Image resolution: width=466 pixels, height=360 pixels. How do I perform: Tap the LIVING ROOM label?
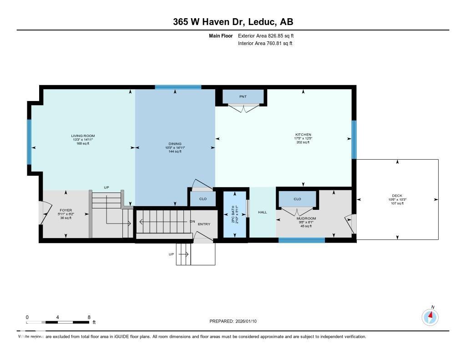pyautogui.click(x=82, y=136)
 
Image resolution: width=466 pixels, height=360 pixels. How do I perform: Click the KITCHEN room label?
pyautogui.click(x=303, y=135)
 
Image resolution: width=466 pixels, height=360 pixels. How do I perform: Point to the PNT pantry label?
pyautogui.click(x=243, y=96)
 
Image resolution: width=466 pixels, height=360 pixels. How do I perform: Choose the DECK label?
pyautogui.click(x=397, y=196)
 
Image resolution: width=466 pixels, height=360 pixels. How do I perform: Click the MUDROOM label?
pyautogui.click(x=306, y=218)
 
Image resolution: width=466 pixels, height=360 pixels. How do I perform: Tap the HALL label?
pyautogui.click(x=263, y=212)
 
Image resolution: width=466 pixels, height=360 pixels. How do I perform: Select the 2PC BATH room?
pyautogui.click(x=234, y=213)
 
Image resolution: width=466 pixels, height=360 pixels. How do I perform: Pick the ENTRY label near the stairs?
pyautogui.click(x=204, y=224)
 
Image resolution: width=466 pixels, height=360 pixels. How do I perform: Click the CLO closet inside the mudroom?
pyautogui.click(x=297, y=199)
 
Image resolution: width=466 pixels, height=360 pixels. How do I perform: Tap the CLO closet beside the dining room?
pyautogui.click(x=203, y=199)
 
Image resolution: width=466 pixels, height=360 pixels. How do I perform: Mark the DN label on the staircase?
pyautogui.click(x=192, y=222)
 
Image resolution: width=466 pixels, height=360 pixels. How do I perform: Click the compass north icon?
pyautogui.click(x=430, y=316)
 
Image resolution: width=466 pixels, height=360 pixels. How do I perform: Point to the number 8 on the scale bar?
pyautogui.click(x=89, y=317)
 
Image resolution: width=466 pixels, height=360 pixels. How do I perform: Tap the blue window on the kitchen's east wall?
pyautogui.click(x=354, y=139)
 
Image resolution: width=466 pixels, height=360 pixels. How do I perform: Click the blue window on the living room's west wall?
pyautogui.click(x=29, y=142)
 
